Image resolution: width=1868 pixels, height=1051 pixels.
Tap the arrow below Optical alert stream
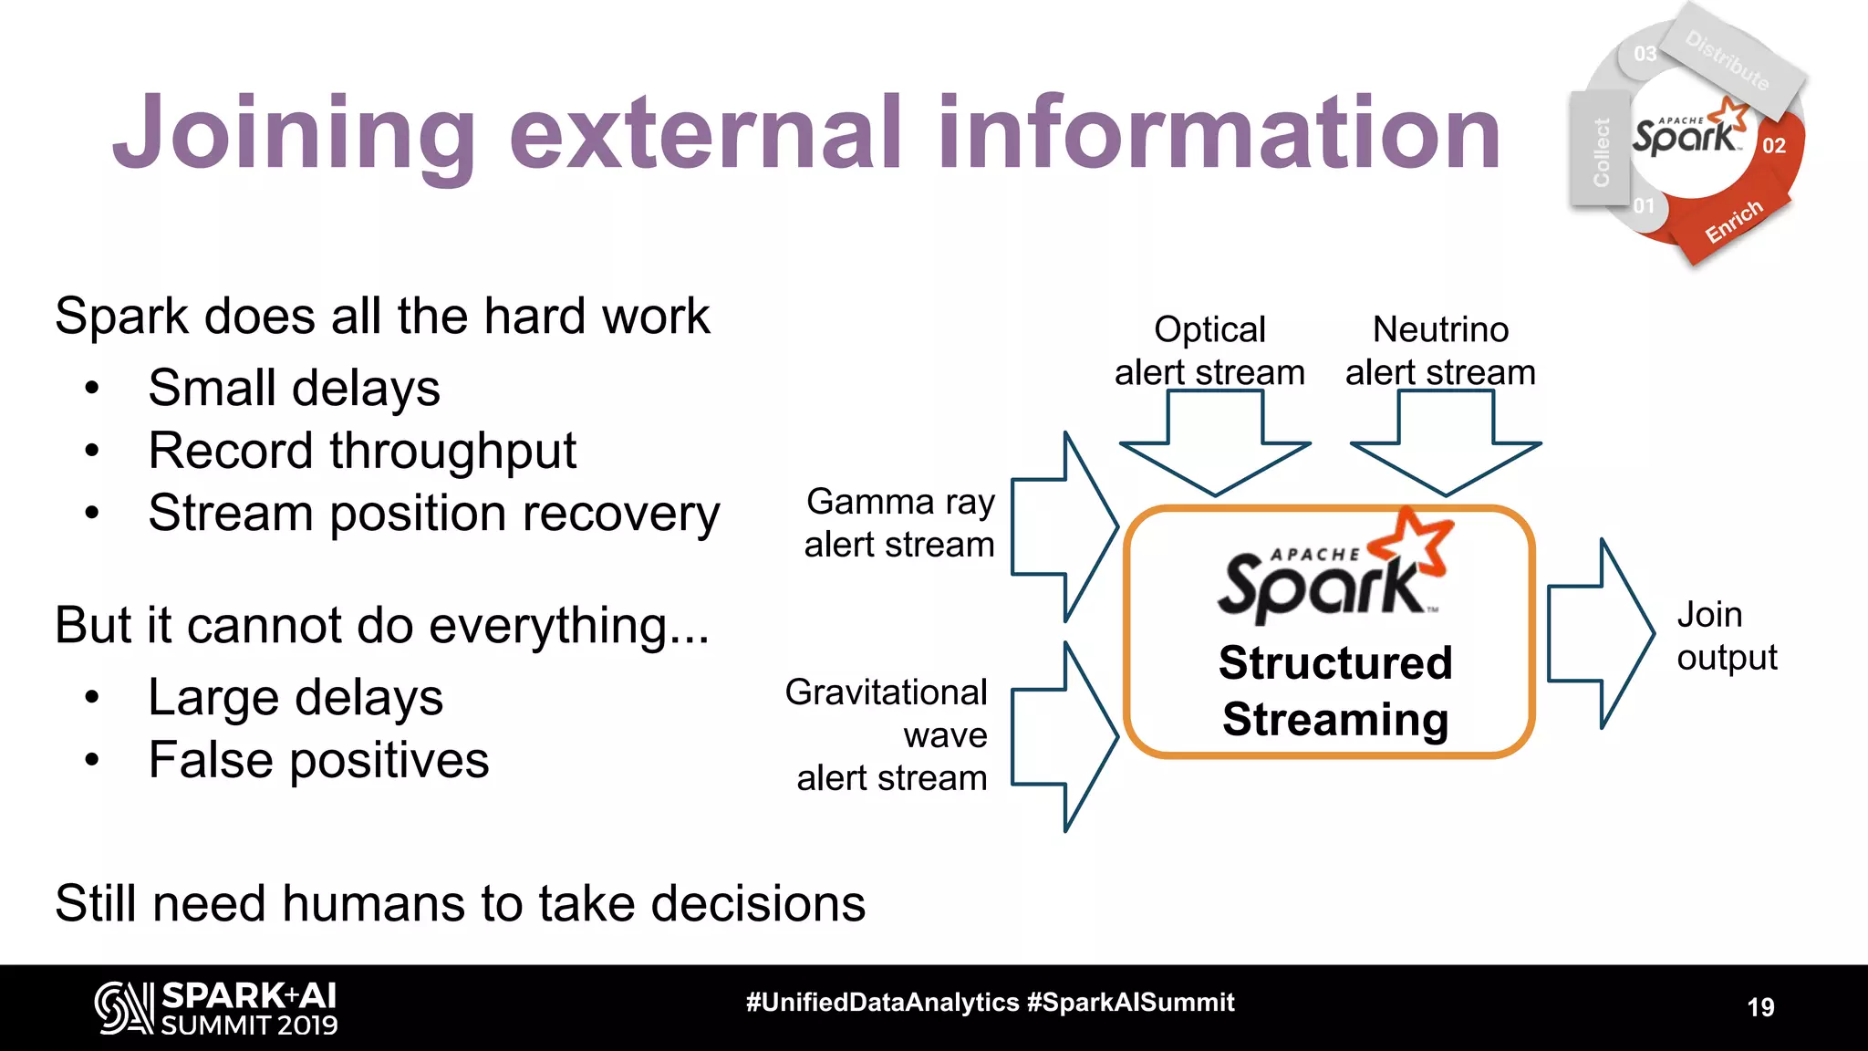tap(1215, 445)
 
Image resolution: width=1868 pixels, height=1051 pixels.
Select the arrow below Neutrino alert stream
tap(1446, 445)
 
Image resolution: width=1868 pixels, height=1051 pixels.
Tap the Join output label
tap(1726, 636)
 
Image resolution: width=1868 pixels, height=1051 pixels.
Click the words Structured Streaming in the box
tap(1334, 691)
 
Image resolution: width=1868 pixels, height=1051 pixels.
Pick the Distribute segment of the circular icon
tap(1727, 60)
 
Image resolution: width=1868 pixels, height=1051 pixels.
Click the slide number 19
tap(1759, 1007)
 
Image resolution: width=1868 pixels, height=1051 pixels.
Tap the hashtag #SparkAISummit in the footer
tap(1130, 1003)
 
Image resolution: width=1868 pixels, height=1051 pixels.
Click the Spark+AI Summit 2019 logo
tap(217, 1008)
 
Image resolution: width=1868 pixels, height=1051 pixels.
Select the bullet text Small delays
tap(294, 388)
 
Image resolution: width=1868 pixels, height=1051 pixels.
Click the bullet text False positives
tap(318, 760)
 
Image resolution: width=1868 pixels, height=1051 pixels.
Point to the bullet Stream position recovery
tap(434, 514)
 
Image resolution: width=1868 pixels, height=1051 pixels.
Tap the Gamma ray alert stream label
tap(899, 523)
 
